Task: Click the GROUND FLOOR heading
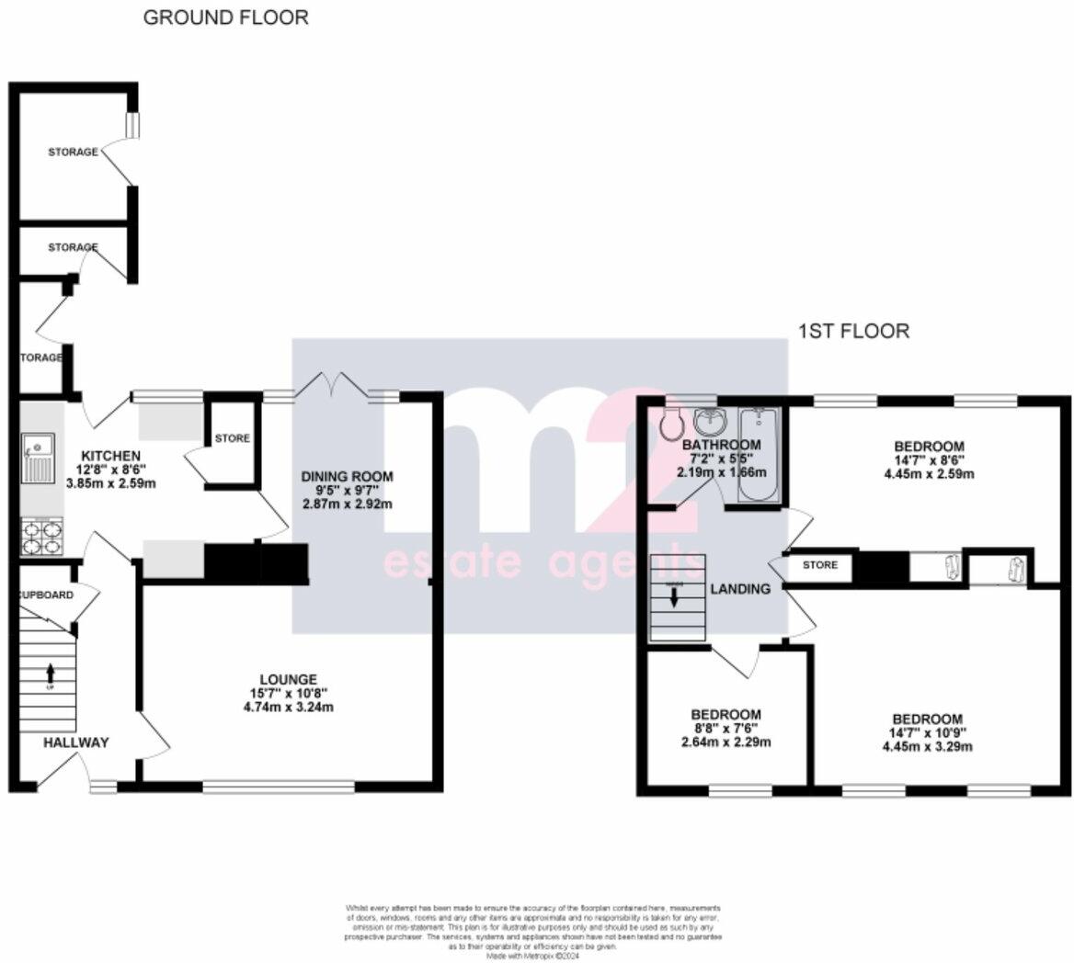225,17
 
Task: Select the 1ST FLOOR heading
852,331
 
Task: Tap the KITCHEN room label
110,456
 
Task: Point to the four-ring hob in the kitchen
41,538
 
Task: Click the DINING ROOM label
348,476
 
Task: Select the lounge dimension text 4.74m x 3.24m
288,707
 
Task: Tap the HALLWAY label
75,742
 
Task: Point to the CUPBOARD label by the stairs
46,595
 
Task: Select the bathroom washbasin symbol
709,423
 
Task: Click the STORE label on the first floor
819,565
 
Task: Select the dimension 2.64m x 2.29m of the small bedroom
726,742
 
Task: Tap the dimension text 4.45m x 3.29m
928,747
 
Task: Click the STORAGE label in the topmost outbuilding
73,152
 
